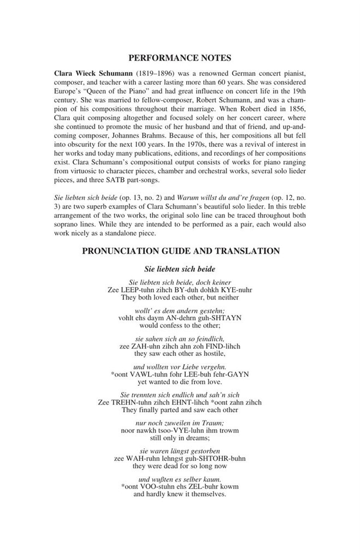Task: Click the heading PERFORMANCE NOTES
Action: [180, 57]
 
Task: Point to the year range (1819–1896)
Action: [159, 73]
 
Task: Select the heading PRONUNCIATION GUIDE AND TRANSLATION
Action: [180, 251]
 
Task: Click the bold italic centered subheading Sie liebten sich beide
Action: [180, 269]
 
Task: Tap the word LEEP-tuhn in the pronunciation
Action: [133, 290]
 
